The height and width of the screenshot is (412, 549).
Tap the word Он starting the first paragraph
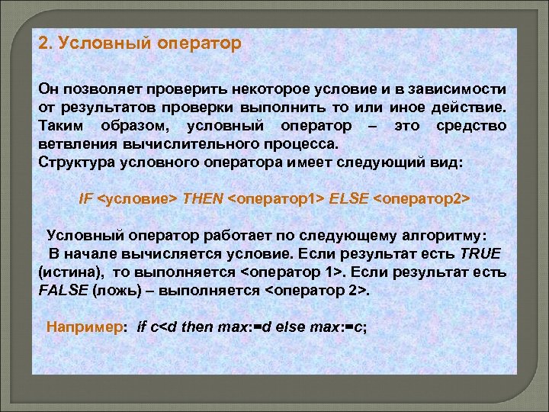click(x=47, y=91)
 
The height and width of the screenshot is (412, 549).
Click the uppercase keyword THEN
click(x=204, y=198)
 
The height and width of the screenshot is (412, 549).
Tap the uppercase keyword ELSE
click(x=348, y=198)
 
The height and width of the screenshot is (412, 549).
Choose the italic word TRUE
click(x=481, y=253)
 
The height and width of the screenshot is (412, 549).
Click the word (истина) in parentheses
click(x=69, y=272)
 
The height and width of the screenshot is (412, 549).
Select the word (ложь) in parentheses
click(x=117, y=290)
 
